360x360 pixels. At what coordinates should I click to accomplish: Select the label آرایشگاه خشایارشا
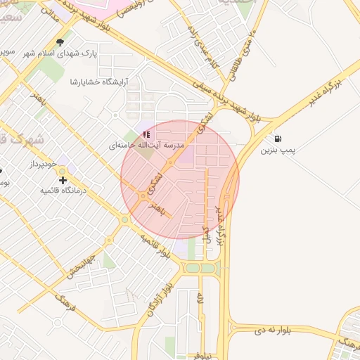(99, 82)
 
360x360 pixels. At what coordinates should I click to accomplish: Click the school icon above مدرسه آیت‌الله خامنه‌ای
(146, 134)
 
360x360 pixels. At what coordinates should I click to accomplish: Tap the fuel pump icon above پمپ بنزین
(279, 139)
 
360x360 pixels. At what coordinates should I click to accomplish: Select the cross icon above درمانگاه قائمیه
(63, 180)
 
